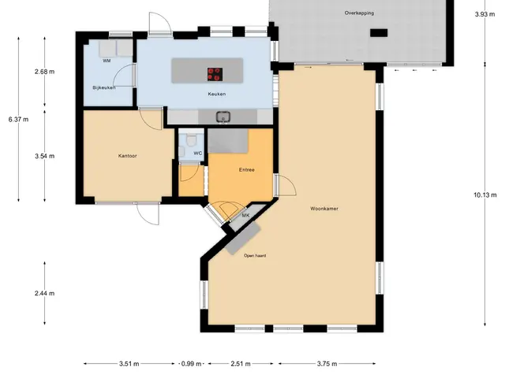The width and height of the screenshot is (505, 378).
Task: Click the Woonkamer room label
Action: [324, 209]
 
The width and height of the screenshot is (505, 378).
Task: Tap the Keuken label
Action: [217, 94]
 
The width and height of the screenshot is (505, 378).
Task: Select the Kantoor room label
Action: [128, 156]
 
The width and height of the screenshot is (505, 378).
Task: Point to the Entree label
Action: [247, 170]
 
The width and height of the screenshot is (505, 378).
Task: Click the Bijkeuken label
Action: [104, 87]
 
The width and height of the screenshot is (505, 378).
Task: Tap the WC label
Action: [198, 153]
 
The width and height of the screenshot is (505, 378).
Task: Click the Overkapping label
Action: [359, 13]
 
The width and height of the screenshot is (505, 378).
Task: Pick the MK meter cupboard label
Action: [245, 215]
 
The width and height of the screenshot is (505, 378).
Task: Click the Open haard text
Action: [255, 255]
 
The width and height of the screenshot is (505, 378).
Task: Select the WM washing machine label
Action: [107, 61]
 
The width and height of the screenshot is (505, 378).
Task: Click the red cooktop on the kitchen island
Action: [215, 74]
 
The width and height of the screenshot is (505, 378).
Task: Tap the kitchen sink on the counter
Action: [223, 117]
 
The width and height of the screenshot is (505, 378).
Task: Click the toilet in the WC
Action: [191, 140]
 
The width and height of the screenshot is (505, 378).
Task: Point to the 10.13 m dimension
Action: [485, 195]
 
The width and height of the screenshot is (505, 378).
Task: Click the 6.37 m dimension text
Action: [18, 120]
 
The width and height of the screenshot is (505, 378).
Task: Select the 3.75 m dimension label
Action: [327, 364]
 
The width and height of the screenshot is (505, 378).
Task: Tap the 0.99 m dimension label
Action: [191, 364]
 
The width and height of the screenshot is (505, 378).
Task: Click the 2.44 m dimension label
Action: [44, 294]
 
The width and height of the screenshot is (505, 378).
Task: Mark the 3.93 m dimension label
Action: [484, 14]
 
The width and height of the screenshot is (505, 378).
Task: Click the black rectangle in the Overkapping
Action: [379, 33]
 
